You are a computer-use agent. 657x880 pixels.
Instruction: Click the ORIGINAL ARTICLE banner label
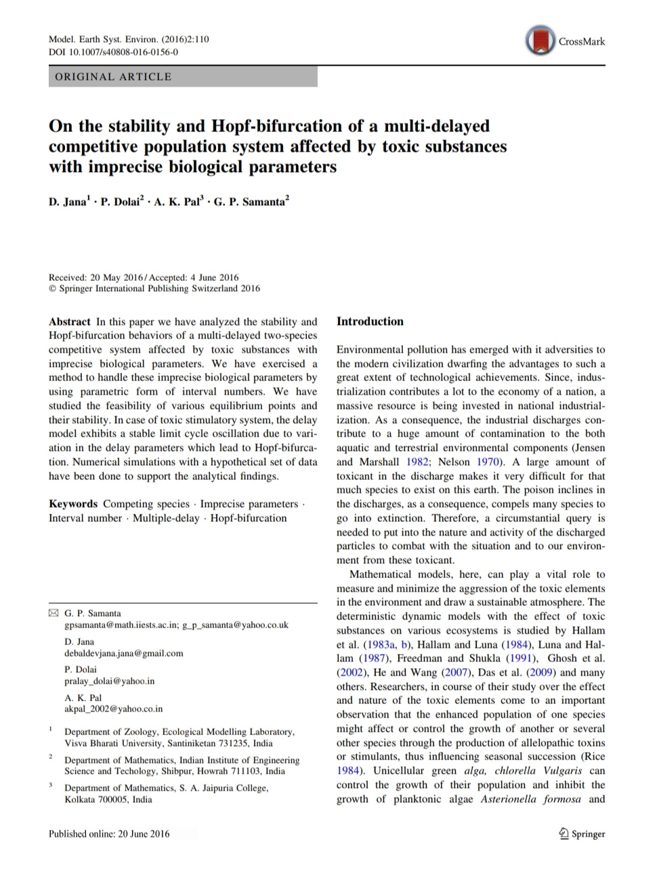pos(112,76)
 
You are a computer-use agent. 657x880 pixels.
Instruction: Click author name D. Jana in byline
pos(67,202)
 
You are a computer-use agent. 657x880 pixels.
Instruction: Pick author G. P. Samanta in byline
pos(249,202)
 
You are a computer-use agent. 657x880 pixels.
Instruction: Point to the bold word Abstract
pos(69,322)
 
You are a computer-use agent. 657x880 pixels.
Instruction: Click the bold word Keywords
pos(72,504)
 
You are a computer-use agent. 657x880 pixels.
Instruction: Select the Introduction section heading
pos(370,322)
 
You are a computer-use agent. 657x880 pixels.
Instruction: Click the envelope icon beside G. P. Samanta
pos(54,613)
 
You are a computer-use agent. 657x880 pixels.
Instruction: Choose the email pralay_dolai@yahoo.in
pos(109,681)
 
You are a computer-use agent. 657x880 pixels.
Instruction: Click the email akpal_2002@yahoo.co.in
pos(113,709)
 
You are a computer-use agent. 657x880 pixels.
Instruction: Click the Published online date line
pos(109,833)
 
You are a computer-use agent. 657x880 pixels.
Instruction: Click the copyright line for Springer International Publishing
pos(154,288)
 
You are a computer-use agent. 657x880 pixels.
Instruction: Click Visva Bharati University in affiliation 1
pos(114,743)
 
